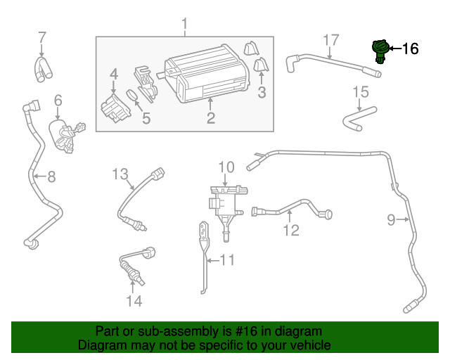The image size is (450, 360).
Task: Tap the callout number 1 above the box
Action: pos(185,26)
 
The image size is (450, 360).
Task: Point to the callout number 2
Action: pos(210,117)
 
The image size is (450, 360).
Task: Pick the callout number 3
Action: pos(261,92)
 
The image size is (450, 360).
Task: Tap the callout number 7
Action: pos(41,37)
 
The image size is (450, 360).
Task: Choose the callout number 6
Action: pos(58,101)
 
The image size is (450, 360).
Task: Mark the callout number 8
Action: pos(51,176)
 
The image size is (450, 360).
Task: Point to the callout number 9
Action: pos(392,221)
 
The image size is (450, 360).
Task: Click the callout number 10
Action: pos(225,167)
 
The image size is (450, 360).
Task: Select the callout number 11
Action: pos(226,261)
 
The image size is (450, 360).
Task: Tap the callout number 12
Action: pos(291,230)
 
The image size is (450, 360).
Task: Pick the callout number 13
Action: pos(120,173)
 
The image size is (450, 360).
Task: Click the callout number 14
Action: pos(134,301)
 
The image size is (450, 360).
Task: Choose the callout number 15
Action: pos(360,91)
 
